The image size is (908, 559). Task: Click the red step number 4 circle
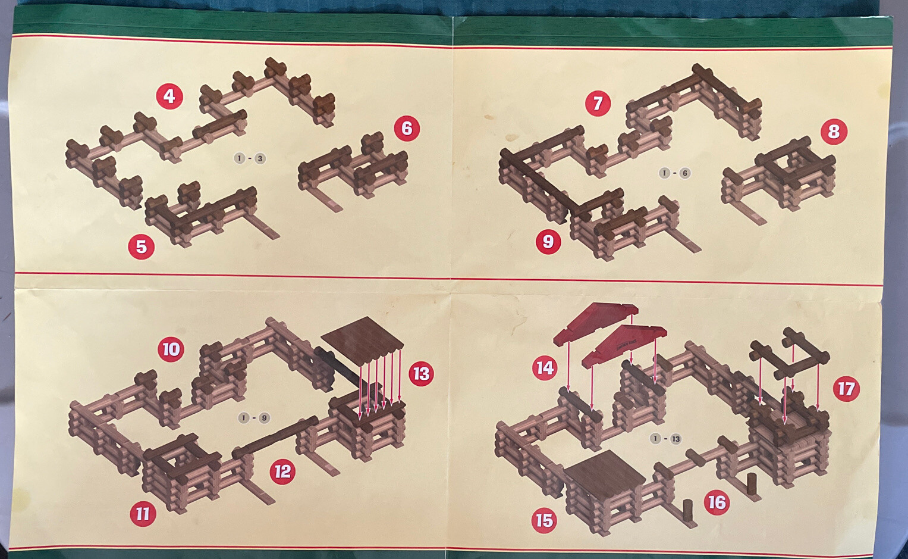click(169, 96)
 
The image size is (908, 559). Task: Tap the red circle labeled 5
click(141, 246)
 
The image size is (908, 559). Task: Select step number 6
click(407, 128)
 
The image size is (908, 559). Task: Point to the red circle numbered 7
click(598, 103)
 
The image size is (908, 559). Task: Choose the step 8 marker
click(834, 131)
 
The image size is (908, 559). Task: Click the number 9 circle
click(548, 241)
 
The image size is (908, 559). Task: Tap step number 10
click(171, 349)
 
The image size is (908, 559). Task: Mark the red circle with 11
click(142, 513)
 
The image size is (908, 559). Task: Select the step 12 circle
click(282, 471)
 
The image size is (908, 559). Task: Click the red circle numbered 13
click(421, 373)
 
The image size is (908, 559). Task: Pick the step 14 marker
click(545, 367)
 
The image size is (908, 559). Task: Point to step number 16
click(717, 502)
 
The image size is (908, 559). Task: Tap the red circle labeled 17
click(846, 389)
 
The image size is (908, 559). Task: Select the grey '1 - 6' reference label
click(674, 173)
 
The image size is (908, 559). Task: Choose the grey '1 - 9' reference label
click(254, 417)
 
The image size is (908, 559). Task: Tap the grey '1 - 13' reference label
click(666, 439)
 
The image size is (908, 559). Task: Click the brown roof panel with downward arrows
click(362, 336)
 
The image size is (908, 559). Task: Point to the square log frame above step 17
click(790, 355)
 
